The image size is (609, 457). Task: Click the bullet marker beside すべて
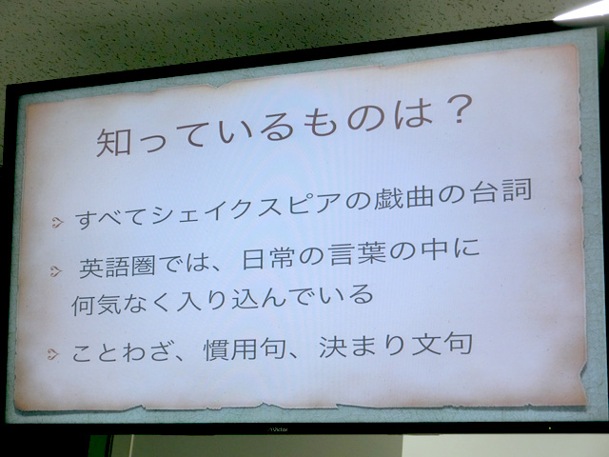click(57, 222)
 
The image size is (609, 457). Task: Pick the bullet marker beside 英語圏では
click(55, 270)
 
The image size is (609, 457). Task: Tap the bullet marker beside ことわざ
click(52, 354)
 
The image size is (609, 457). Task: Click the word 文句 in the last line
click(442, 344)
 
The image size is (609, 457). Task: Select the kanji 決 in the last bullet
click(333, 347)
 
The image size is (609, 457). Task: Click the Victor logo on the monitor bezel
click(278, 429)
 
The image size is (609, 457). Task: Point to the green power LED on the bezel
click(550, 428)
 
